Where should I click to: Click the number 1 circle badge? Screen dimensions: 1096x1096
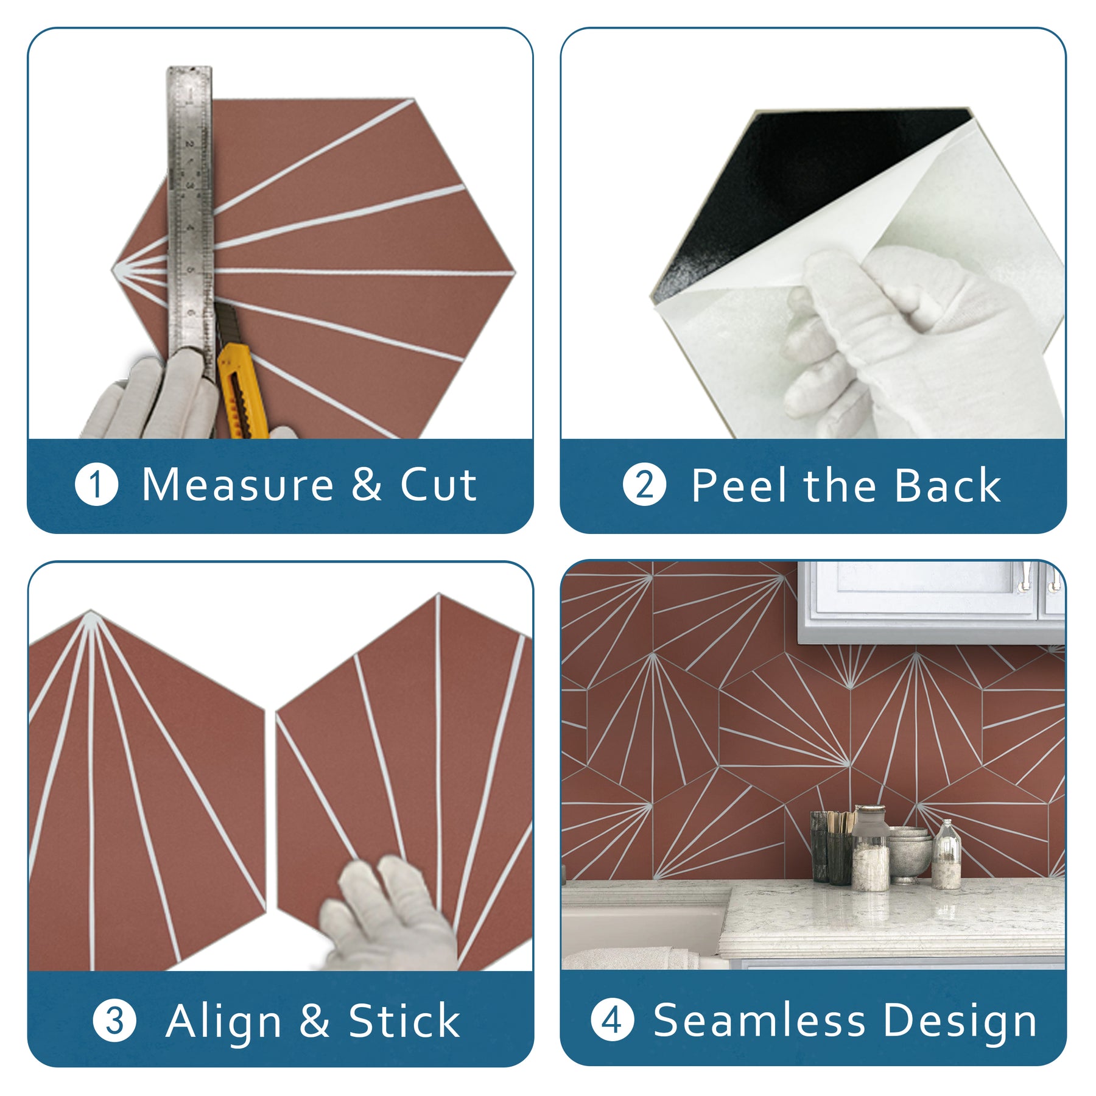pyautogui.click(x=96, y=485)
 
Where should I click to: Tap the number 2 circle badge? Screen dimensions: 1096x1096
pyautogui.click(x=645, y=485)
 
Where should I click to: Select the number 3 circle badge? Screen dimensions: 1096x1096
pyautogui.click(x=114, y=1021)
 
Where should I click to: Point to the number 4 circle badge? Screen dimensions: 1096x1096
pyautogui.click(x=613, y=1020)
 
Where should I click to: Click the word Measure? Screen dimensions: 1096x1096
pyautogui.click(x=237, y=485)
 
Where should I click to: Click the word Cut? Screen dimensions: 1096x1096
pyautogui.click(x=438, y=485)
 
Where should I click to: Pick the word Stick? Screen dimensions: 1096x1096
pyautogui.click(x=404, y=1021)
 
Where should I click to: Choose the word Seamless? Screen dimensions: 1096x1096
pyautogui.click(x=759, y=1020)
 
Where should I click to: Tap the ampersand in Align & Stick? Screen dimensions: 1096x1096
pyautogui.click(x=314, y=1021)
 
